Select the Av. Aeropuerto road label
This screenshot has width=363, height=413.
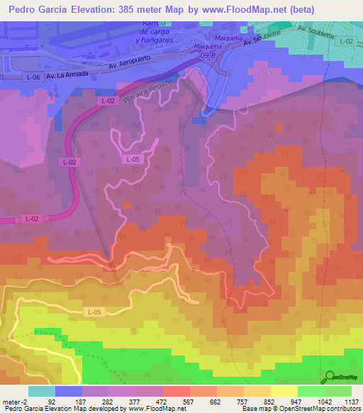pos(134,65)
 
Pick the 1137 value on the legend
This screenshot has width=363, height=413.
pos(352,401)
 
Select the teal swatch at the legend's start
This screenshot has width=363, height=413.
pos(41,390)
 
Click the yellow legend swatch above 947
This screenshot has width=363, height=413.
pos(284,390)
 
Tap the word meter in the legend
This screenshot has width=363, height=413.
pos(12,401)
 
